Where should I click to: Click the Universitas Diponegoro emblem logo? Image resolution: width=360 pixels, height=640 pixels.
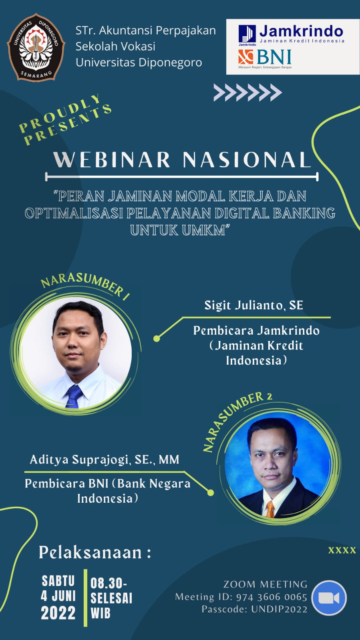[x=36, y=47]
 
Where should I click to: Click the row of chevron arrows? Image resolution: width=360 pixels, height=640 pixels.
[x=247, y=92]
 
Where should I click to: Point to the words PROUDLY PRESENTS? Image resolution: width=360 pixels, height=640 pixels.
[x=65, y=120]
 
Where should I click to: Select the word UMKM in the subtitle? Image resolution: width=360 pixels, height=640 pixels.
[x=203, y=230]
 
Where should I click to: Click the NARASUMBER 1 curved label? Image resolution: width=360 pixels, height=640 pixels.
[x=85, y=286]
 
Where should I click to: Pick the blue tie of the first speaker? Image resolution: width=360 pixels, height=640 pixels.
[x=74, y=396]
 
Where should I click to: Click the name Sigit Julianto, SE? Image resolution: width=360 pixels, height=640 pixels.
[x=253, y=305]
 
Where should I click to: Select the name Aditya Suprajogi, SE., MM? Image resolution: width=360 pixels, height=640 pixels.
[x=105, y=460]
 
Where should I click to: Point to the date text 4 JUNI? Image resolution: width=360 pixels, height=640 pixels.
[x=58, y=596]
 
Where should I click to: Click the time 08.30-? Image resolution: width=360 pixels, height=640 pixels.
[x=109, y=583]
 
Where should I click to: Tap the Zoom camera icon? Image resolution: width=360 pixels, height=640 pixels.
[x=329, y=598]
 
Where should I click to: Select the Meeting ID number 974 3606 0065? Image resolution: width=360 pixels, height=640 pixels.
[x=272, y=597]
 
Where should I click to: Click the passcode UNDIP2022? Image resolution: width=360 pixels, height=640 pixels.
[x=280, y=609]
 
